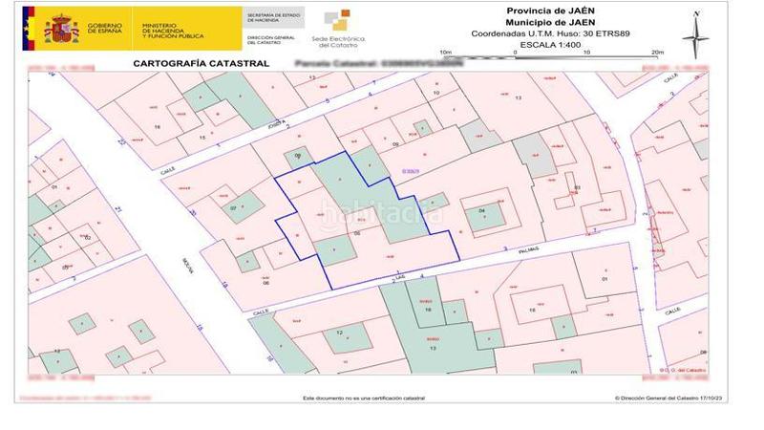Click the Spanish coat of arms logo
coord(61,28)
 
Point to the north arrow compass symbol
coord(696,32)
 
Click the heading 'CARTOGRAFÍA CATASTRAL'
coord(186,63)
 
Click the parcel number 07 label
coord(232,207)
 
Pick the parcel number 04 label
coord(481,210)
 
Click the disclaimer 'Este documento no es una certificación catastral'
coord(364,397)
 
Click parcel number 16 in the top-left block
coord(157,126)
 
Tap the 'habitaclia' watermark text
coord(382,216)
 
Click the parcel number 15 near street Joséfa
coord(202,138)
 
